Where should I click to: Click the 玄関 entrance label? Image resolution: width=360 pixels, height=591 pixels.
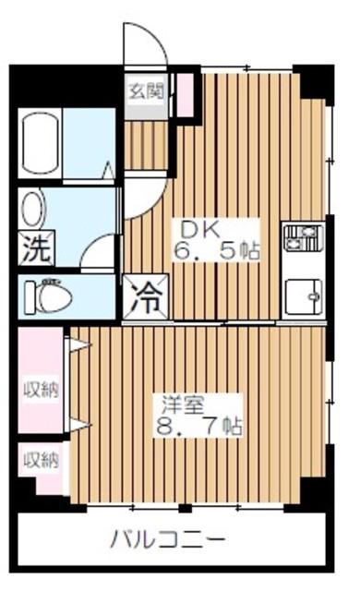click(147, 90)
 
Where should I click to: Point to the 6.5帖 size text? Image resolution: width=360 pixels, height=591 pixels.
click(217, 250)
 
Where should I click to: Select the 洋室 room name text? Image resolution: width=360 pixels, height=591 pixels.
click(183, 405)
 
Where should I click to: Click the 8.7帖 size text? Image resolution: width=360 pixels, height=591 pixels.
click(198, 426)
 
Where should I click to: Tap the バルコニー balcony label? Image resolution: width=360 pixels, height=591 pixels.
click(168, 539)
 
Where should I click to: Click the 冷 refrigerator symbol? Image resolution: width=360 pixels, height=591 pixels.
click(146, 297)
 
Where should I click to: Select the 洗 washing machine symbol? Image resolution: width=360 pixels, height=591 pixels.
click(37, 248)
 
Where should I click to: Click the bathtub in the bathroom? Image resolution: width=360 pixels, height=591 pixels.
click(40, 143)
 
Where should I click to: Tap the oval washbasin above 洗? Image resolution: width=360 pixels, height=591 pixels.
click(34, 210)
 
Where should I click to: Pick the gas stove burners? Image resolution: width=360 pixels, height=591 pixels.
click(304, 237)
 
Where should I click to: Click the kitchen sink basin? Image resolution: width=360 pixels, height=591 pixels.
click(304, 296)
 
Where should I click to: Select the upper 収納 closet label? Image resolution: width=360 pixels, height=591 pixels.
click(42, 390)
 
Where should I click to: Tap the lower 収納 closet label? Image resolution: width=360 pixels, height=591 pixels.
click(42, 460)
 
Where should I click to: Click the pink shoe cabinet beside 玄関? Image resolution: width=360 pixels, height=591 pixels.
click(185, 95)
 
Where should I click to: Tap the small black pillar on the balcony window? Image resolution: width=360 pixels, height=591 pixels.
click(185, 508)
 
